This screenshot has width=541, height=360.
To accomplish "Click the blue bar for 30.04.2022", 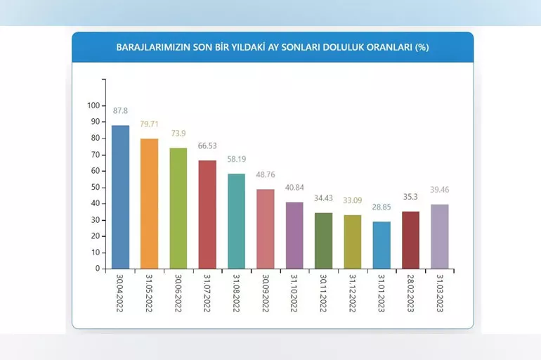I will [120, 197].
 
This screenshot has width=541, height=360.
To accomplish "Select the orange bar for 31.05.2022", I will [149, 204].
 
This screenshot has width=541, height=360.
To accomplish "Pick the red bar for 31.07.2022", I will [207, 214].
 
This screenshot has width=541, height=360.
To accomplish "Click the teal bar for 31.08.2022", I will [237, 221].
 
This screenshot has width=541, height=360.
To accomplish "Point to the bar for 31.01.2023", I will [382, 245].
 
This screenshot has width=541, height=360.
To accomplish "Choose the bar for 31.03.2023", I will [439, 237].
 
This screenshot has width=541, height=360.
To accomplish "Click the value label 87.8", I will [120, 110].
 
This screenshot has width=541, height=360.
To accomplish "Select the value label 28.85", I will [382, 207].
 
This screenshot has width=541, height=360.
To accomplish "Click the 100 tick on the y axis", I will [93, 106].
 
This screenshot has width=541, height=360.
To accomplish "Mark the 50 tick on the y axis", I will [96, 187].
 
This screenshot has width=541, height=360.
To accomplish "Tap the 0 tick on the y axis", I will [98, 269].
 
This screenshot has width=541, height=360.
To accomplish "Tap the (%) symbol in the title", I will [422, 48].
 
